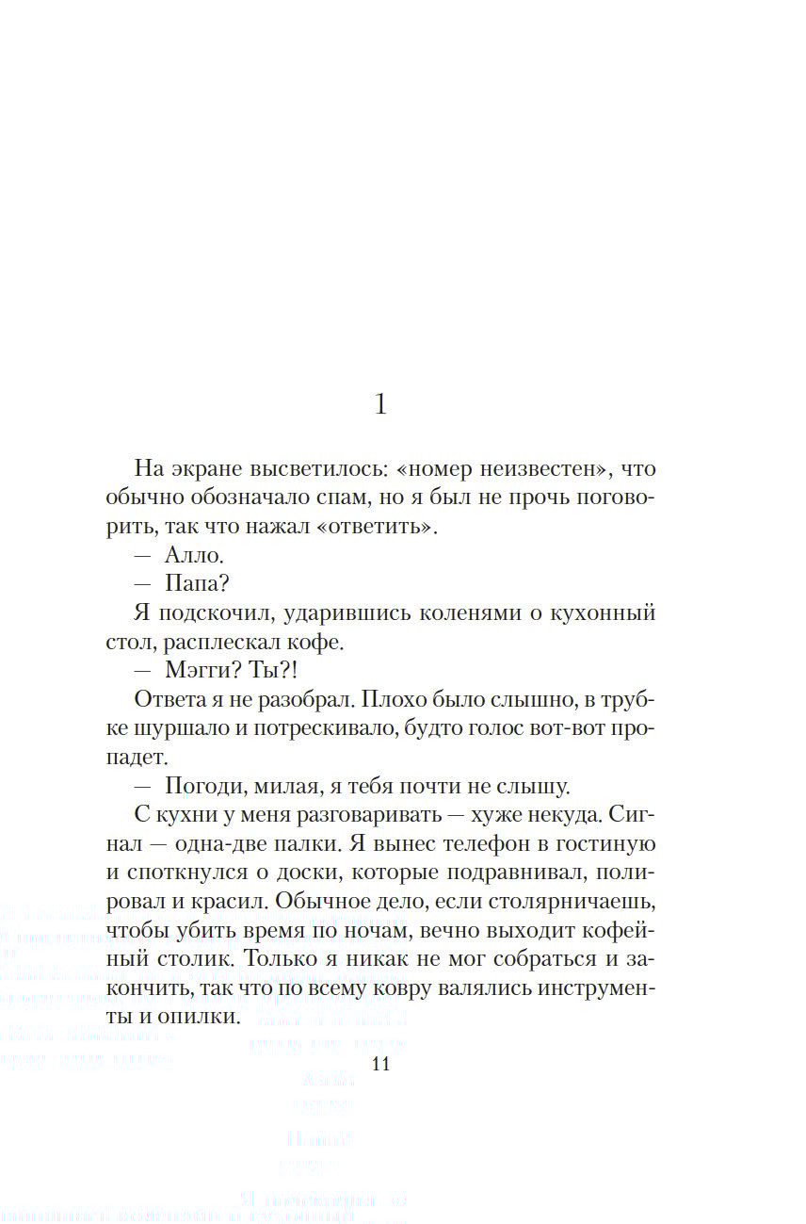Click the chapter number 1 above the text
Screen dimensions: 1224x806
pos(380,405)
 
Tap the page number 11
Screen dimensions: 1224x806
pos(380,1065)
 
